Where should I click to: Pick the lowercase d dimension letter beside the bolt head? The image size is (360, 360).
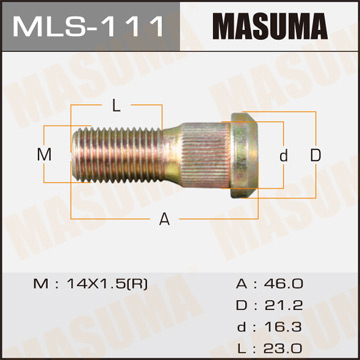283,155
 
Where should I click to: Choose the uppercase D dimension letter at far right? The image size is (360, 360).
315,155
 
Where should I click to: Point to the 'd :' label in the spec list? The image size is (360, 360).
247,325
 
